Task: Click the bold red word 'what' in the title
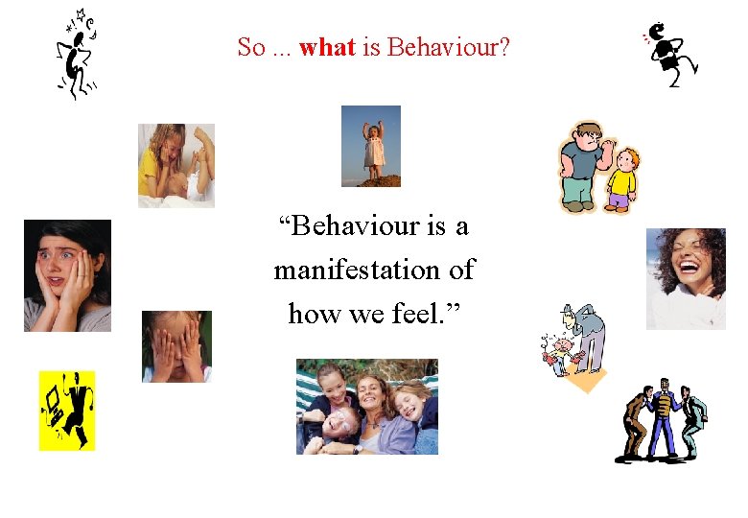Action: click(327, 47)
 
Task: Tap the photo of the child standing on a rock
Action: click(371, 146)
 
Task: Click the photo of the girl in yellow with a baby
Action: click(175, 165)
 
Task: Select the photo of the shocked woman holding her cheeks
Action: click(67, 275)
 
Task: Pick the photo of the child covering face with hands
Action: click(176, 346)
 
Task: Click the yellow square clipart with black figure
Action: click(67, 410)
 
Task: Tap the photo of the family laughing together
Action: click(366, 407)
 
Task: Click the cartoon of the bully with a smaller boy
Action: click(598, 167)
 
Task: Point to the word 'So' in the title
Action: click(250, 47)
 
